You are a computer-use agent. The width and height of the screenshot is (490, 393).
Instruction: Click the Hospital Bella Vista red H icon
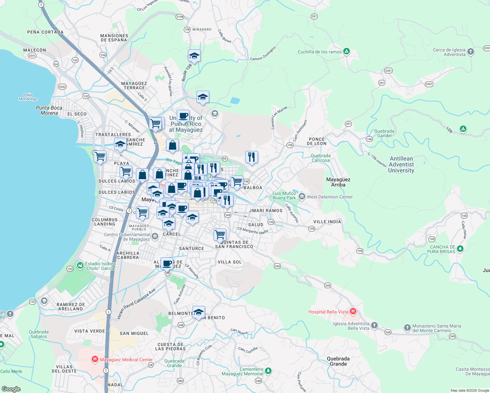pyautogui.click(x=353, y=311)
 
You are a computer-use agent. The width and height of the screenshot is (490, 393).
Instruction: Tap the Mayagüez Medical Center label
pyautogui.click(x=126, y=360)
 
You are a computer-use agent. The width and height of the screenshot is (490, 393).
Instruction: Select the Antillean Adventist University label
pyautogui.click(x=401, y=164)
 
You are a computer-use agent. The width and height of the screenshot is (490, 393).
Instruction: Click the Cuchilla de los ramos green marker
pyautogui.click(x=347, y=51)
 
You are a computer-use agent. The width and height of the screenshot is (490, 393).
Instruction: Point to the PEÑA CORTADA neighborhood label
pyautogui.click(x=45, y=32)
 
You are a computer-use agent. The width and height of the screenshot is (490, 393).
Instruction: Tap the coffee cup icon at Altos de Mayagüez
pyautogui.click(x=167, y=263)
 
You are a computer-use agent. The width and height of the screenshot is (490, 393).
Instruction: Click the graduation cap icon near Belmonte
pyautogui.click(x=198, y=312)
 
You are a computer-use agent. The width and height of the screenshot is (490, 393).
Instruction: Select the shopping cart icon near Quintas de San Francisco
pyautogui.click(x=220, y=234)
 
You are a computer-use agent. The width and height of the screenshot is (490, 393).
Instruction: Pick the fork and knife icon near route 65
pyautogui.click(x=252, y=157)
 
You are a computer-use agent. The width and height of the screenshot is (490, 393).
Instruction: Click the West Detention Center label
pyautogui.click(x=330, y=197)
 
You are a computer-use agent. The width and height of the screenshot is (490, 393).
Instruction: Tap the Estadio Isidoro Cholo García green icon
pyautogui.click(x=80, y=266)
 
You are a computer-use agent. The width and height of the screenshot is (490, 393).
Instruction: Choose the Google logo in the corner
pyautogui.click(x=11, y=389)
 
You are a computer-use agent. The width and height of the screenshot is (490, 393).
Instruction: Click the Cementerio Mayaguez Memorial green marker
pyautogui.click(x=268, y=371)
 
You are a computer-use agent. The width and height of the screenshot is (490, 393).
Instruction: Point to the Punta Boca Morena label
pyautogui.click(x=49, y=110)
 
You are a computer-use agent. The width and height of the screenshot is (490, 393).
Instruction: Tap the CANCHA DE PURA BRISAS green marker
pyautogui.click(x=460, y=249)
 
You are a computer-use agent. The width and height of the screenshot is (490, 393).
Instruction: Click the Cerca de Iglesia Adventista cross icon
pyautogui.click(x=471, y=51)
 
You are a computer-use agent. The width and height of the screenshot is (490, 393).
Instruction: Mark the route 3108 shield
pyautogui.click(x=179, y=17)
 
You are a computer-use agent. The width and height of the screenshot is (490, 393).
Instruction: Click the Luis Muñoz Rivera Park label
pyautogui.click(x=284, y=196)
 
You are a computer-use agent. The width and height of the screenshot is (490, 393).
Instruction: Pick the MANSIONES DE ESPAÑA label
pyautogui.click(x=114, y=38)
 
